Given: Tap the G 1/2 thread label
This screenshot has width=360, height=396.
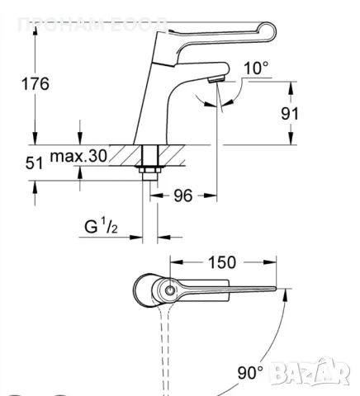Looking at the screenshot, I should point(104,226).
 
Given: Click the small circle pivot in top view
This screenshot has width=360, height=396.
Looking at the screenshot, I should point(168,290).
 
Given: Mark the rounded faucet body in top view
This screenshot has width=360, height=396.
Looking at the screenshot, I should point(149,290).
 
